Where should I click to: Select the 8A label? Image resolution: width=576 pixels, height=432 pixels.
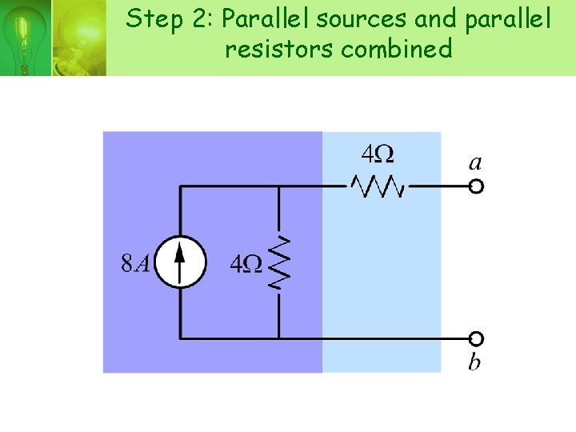[134, 263]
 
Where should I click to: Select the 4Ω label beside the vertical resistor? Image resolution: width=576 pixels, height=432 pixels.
[246, 263]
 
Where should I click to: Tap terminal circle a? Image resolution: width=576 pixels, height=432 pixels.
[476, 186]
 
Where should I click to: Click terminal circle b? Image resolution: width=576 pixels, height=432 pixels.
[476, 338]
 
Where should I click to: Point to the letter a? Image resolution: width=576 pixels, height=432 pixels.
[475, 163]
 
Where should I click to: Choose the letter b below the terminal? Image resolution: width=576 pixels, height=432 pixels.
[474, 362]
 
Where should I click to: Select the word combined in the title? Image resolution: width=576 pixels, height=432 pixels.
[396, 49]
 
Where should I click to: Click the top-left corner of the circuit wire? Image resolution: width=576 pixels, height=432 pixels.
[180, 186]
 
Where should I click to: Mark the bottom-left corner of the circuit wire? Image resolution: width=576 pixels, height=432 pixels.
[180, 338]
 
